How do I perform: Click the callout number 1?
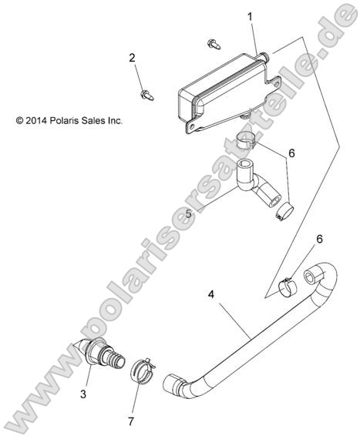250,17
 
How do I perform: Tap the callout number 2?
132,58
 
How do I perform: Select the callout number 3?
83,394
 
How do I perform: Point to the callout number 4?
211,294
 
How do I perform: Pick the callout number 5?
189,214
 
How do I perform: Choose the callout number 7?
131,421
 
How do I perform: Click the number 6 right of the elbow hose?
291,153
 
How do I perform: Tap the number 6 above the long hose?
319,240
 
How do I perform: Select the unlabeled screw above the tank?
214,44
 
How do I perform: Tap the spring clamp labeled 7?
143,371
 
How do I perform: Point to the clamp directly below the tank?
245,139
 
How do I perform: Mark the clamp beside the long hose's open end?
288,287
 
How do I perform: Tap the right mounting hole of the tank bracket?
276,84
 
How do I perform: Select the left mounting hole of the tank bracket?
192,127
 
